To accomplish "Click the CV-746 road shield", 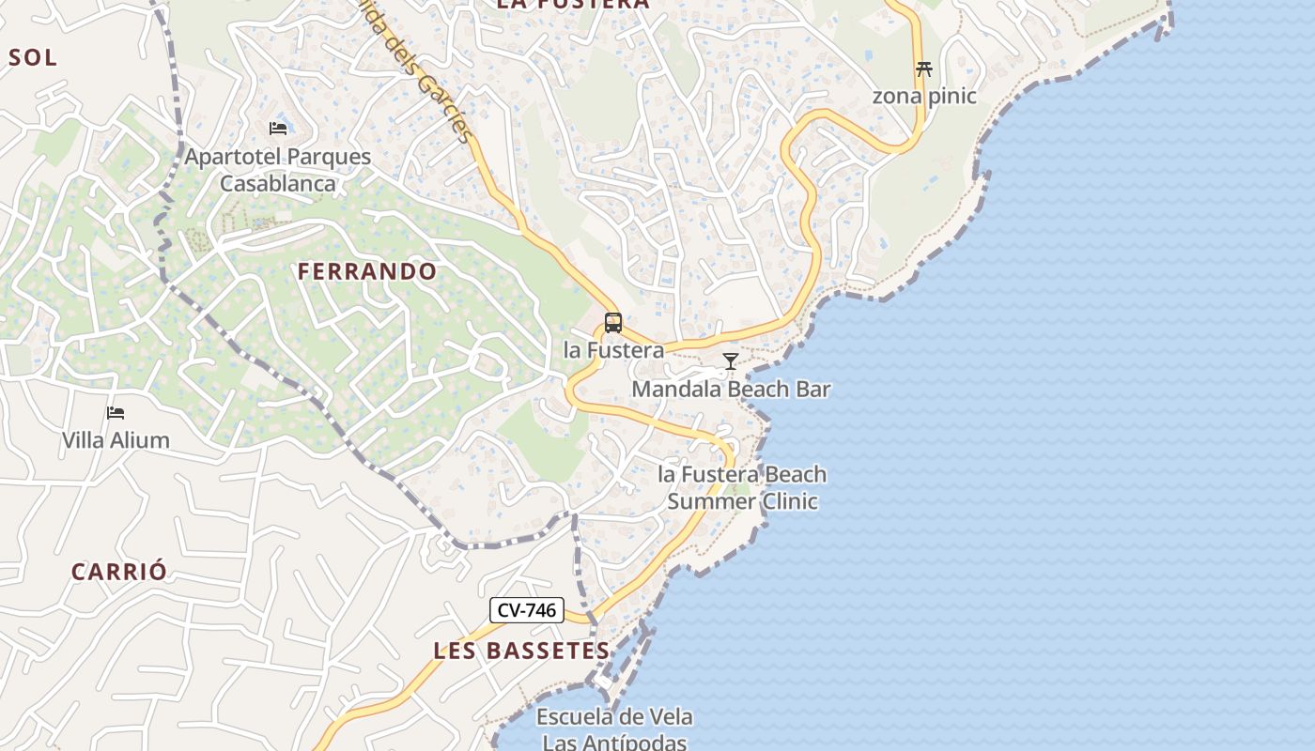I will click(x=526, y=610).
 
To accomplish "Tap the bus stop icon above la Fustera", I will click(x=613, y=323).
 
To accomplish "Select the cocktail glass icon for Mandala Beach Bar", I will click(x=730, y=361).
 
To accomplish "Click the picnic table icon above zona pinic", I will click(x=924, y=69).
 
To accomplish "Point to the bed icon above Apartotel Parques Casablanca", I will click(x=277, y=128).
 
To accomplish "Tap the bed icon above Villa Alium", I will click(x=116, y=412).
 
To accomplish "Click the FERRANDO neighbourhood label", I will click(x=367, y=271).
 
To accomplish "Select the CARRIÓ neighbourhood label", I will click(x=119, y=571).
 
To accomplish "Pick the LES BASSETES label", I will click(x=522, y=651).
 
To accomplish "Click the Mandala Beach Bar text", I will click(x=731, y=389).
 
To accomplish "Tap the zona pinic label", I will click(x=924, y=96).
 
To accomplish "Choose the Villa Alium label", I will click(x=116, y=439).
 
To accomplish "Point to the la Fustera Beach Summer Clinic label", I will click(x=742, y=487).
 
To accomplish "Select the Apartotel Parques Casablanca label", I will click(x=277, y=169).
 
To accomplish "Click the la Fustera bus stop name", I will click(x=613, y=350).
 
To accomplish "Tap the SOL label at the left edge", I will click(x=33, y=57).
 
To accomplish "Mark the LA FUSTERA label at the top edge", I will click(x=572, y=5).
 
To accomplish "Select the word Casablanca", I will click(x=277, y=183).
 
